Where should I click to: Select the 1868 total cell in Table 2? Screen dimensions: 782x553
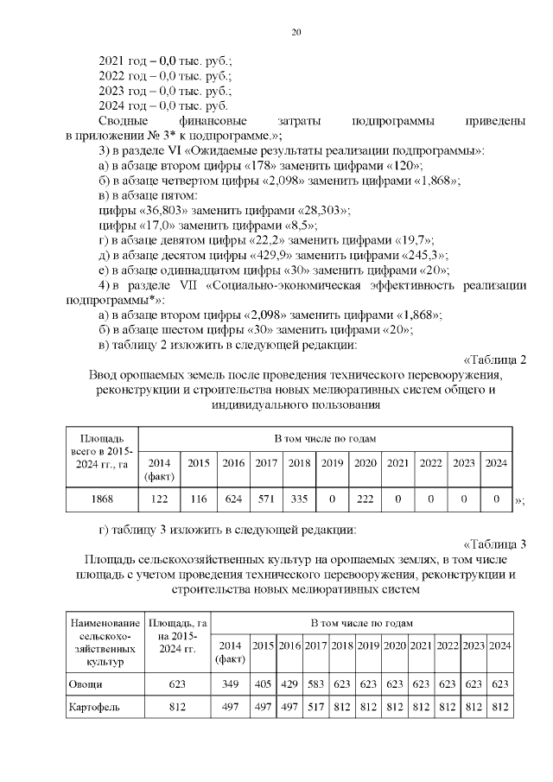102,499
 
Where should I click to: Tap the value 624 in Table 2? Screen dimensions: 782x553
232,499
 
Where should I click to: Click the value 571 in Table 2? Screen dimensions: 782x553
265,499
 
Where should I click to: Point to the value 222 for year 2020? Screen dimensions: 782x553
365,499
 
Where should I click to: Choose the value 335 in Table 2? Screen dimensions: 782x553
299,499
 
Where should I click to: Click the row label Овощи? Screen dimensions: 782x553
86,683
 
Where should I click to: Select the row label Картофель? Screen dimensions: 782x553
94,707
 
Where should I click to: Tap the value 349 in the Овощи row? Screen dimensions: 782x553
230,683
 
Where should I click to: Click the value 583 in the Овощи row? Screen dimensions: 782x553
315,683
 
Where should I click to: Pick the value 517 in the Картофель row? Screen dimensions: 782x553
315,707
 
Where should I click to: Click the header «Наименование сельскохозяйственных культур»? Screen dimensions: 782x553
105,642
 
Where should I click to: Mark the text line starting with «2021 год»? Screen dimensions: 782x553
166,60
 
